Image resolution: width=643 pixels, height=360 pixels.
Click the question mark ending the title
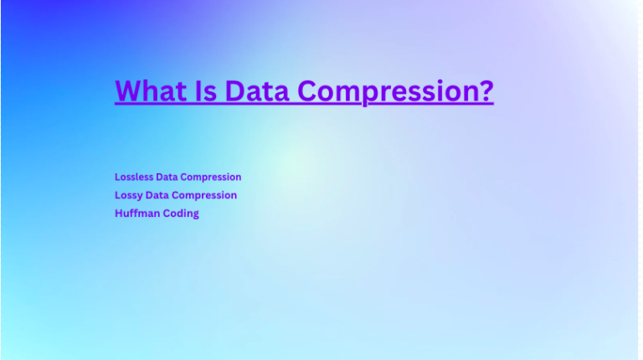coord(486,90)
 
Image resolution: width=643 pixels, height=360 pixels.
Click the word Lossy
coord(129,195)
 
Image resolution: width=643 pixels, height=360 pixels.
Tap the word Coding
coord(180,213)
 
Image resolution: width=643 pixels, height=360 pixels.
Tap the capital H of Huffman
coord(118,213)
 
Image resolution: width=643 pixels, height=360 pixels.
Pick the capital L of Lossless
coord(117,177)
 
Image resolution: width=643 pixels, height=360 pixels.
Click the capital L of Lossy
coord(117,195)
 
